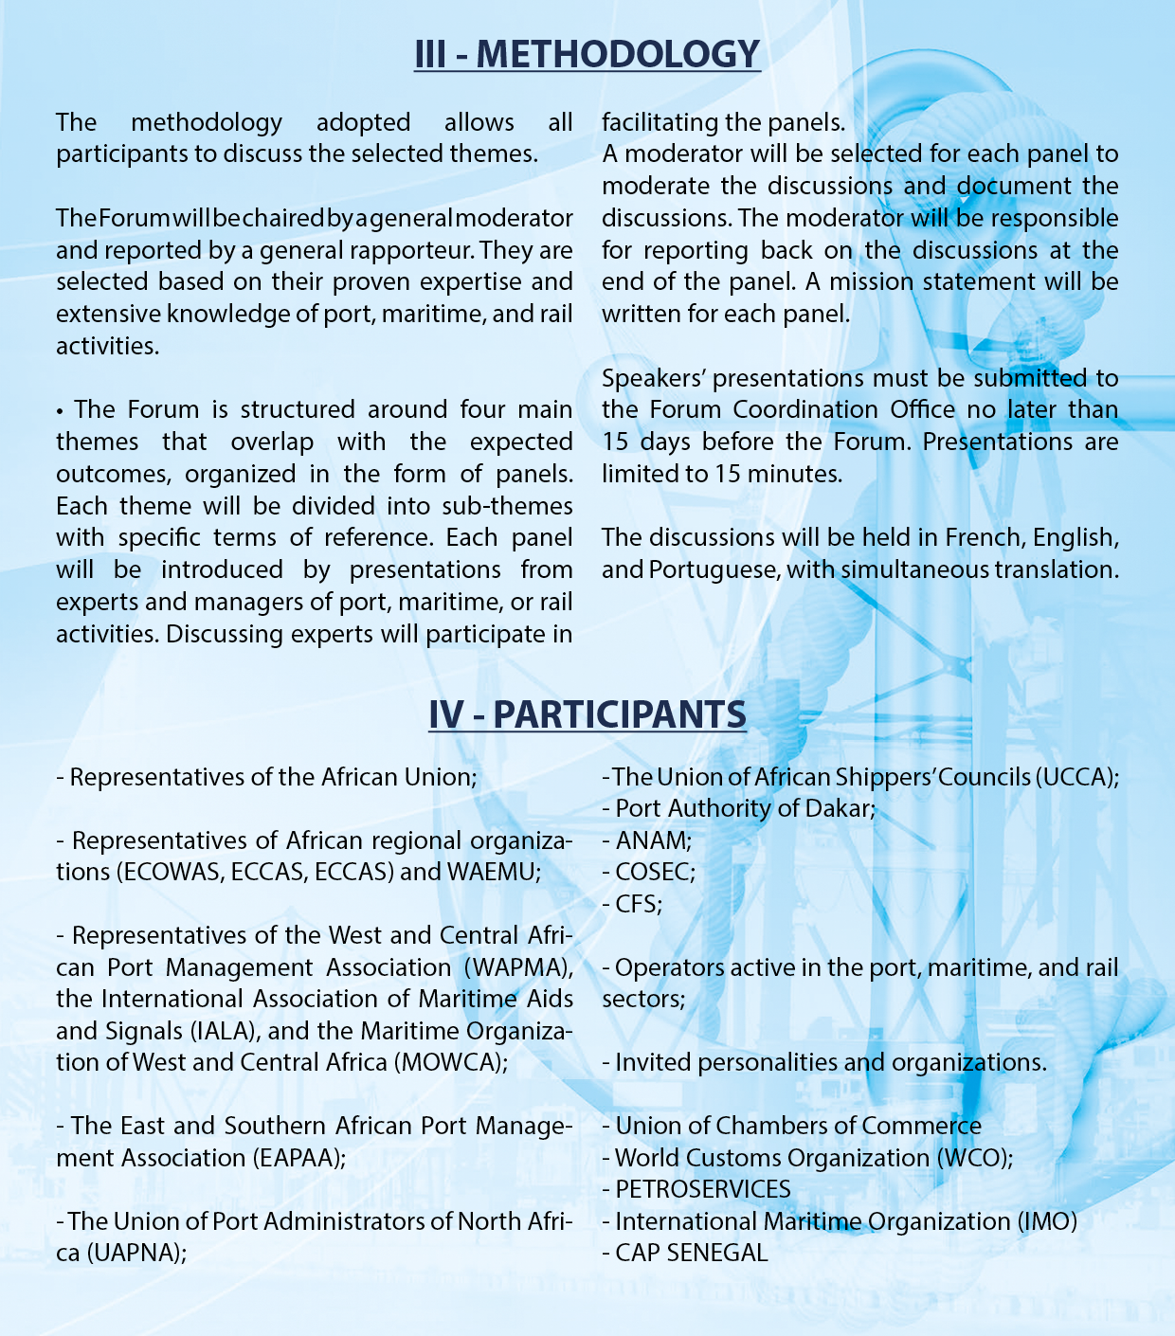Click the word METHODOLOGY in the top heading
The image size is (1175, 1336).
pos(618,54)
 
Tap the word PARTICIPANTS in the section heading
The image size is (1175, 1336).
pos(620,713)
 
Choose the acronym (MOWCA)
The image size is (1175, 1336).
pos(450,1062)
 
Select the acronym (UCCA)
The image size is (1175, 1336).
pos(1076,777)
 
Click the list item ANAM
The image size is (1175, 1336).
pos(653,840)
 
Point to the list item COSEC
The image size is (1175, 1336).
pos(655,872)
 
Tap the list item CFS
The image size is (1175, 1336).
pos(638,904)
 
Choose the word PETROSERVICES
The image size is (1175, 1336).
pos(703,1189)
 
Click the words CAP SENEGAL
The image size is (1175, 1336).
pos(691,1253)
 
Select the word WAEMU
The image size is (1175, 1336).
pos(491,872)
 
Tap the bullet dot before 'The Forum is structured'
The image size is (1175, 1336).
pos(60,411)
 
